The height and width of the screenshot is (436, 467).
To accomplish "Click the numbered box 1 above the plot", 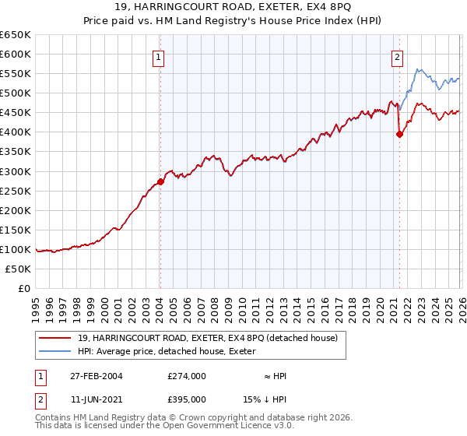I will [x=158, y=56].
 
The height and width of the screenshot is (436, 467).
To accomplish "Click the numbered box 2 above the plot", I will [x=397, y=56].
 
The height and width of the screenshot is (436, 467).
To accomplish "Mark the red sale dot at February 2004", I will [x=160, y=181].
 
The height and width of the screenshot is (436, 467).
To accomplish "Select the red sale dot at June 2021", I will [x=399, y=134].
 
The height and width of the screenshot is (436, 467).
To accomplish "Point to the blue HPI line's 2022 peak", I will [x=418, y=70].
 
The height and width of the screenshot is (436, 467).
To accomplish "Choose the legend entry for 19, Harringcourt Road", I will [x=207, y=338].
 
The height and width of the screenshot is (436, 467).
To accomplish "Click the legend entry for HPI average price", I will [x=171, y=352].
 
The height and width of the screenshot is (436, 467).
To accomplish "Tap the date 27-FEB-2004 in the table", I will [x=96, y=376].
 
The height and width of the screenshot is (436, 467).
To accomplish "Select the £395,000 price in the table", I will [x=187, y=399].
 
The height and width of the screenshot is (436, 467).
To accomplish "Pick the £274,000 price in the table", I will [x=187, y=376].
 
